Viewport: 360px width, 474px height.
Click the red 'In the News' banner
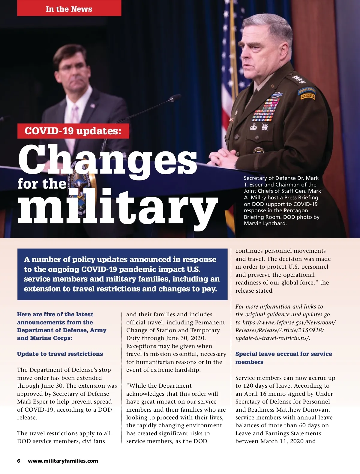click(x=69, y=9)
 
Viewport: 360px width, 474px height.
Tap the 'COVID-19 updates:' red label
click(x=73, y=131)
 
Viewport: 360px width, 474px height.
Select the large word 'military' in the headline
click(x=118, y=207)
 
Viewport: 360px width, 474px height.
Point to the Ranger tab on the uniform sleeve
click(x=308, y=97)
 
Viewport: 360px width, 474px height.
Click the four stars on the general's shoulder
click(x=299, y=79)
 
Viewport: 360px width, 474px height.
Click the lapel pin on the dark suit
click(x=93, y=106)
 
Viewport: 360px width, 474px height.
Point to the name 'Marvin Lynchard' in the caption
click(x=265, y=223)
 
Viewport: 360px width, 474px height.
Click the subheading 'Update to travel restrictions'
click(x=60, y=354)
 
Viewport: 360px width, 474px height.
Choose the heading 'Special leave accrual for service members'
click(x=283, y=358)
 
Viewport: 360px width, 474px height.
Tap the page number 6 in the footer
click(x=19, y=461)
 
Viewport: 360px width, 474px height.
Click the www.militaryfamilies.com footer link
click(x=63, y=461)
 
